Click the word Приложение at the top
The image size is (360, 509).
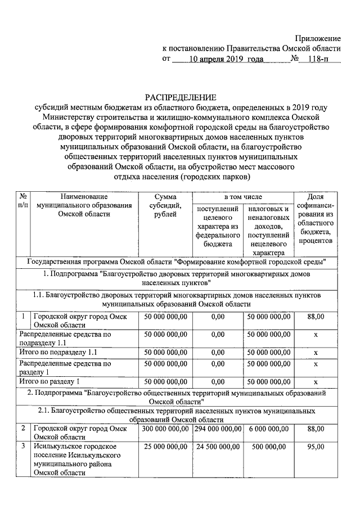coord(318,38)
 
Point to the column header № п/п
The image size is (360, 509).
coord(23,201)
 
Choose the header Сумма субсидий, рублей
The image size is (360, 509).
coord(165,205)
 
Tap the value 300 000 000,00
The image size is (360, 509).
coord(165,429)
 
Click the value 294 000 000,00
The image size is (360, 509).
coord(218,429)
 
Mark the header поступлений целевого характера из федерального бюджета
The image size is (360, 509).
coord(218,226)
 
